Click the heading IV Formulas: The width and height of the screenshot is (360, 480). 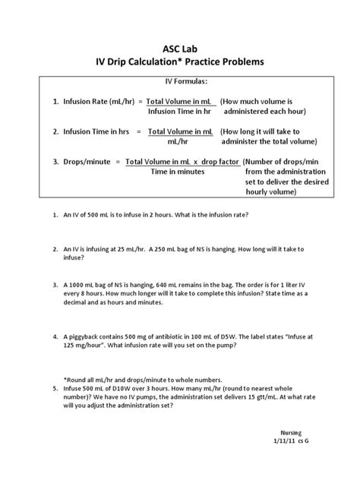tap(179, 81)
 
